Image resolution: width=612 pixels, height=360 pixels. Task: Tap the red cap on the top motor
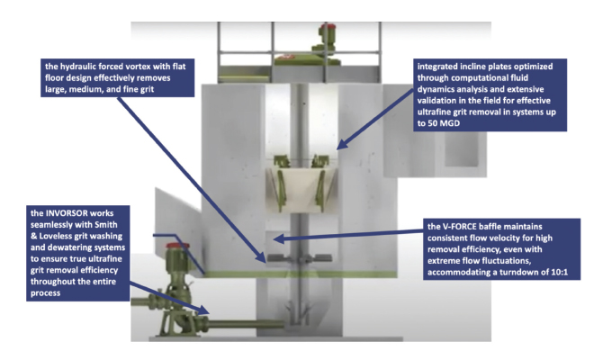coord(327,27)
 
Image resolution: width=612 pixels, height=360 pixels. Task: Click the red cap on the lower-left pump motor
coord(177,246)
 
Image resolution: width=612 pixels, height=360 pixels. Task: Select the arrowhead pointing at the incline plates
coord(341,144)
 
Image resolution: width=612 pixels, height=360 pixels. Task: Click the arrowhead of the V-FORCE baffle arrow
coord(278,238)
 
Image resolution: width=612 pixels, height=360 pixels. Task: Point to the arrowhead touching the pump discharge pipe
coord(203,310)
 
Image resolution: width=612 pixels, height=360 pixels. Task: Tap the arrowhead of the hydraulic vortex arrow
coord(260,256)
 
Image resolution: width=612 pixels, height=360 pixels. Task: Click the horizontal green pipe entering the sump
coord(245,324)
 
